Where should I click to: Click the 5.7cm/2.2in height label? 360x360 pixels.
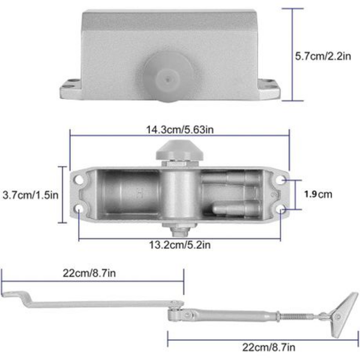coord(323,56)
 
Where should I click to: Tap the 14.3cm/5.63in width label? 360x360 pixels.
coord(180,130)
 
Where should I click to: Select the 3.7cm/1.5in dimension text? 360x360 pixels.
coord(31,195)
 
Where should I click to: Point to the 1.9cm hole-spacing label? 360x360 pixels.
coord(318,194)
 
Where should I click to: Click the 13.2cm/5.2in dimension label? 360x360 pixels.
coord(180,245)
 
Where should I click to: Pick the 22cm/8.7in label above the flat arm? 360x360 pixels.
coord(89,273)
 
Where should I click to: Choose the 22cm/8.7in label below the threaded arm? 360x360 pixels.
coord(269,347)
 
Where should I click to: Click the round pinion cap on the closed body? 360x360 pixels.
coord(168,77)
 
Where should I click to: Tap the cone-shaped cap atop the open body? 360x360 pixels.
coord(179,151)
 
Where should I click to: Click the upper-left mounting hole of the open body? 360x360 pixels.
coord(79,179)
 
